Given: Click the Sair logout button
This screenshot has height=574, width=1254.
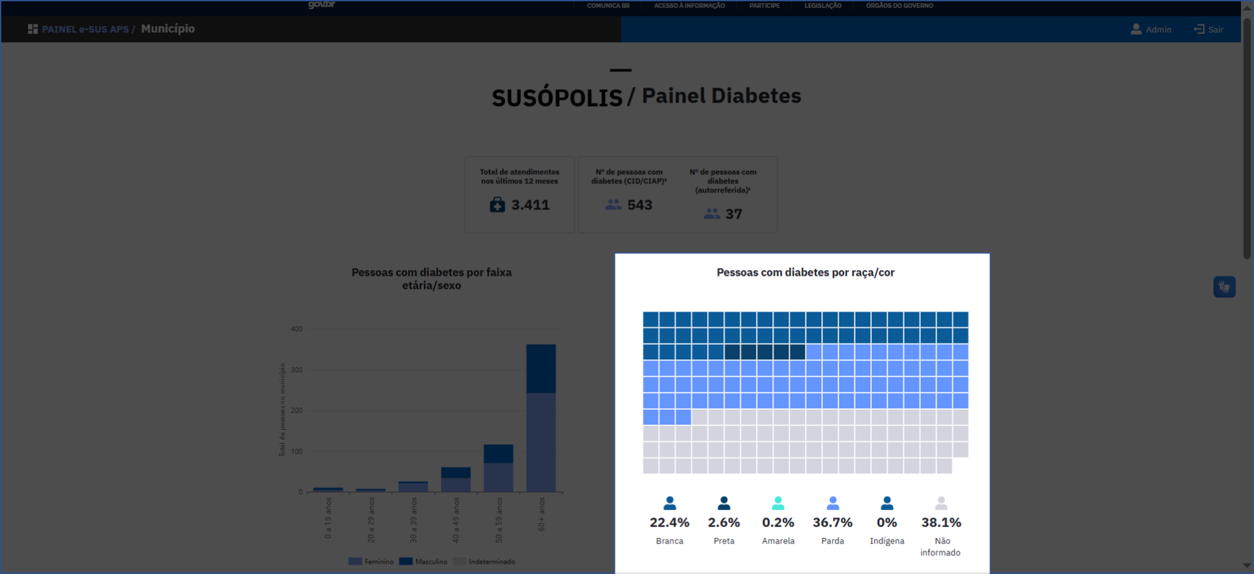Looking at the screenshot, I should tap(1208, 29).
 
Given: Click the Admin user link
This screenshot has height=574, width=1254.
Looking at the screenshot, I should tap(1151, 29).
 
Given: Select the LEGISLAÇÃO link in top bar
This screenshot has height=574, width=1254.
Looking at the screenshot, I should tap(822, 6).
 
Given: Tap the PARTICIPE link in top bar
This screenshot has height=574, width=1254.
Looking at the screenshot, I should tap(764, 6).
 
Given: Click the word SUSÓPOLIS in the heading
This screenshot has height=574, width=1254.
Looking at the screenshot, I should tap(556, 98).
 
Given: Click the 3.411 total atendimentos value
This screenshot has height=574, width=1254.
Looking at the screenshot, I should tap(530, 205).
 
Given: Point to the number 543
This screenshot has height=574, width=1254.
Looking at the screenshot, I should tap(639, 205).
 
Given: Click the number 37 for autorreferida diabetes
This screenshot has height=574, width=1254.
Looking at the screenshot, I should tap(733, 214).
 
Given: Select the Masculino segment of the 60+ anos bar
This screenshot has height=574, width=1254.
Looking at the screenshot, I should tap(541, 368).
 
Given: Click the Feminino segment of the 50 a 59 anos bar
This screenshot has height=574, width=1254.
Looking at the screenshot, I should tap(498, 477).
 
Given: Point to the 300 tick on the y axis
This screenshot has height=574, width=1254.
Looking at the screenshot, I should tap(297, 370).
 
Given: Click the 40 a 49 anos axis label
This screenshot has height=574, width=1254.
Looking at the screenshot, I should tap(456, 519).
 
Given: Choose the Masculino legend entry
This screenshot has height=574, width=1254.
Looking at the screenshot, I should tap(424, 561).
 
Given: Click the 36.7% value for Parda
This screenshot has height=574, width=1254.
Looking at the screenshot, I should tap(832, 523).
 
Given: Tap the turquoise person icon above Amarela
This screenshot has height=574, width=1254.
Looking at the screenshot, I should tap(778, 503).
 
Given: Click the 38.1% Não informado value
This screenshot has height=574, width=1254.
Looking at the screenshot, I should tap(941, 523).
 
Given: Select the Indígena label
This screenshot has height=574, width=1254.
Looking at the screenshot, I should tap(886, 541).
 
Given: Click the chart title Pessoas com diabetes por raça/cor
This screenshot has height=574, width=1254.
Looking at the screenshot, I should tap(805, 273).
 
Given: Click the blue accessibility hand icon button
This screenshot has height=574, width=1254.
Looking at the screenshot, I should tap(1224, 287).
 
